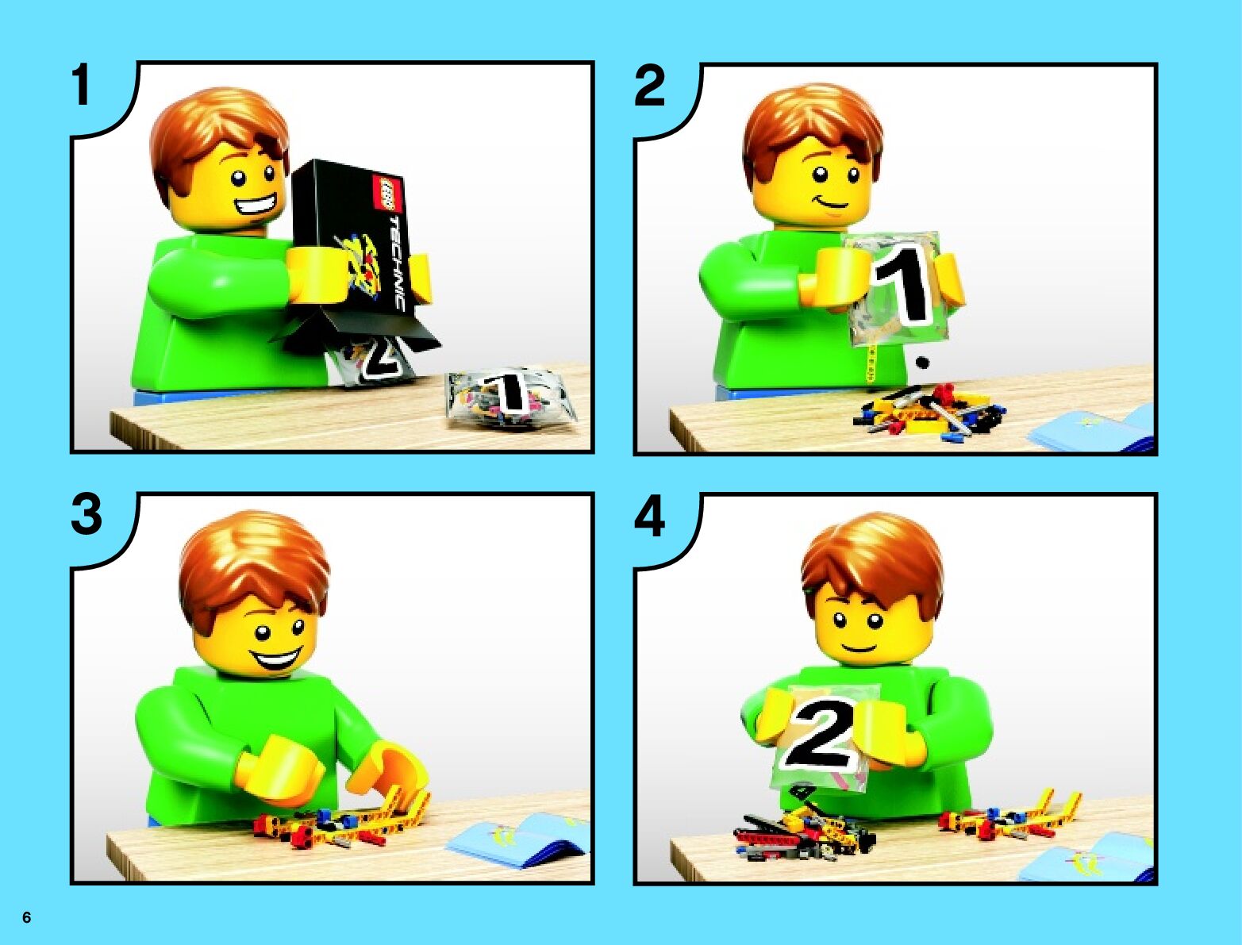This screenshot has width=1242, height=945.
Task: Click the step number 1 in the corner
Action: click(82, 85)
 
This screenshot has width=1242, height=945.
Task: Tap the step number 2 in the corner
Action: click(649, 86)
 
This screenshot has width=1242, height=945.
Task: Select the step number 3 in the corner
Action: click(86, 515)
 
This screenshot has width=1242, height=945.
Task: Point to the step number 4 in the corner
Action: click(649, 517)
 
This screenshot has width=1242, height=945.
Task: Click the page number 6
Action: click(27, 917)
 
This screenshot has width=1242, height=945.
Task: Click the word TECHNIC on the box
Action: click(396, 262)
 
